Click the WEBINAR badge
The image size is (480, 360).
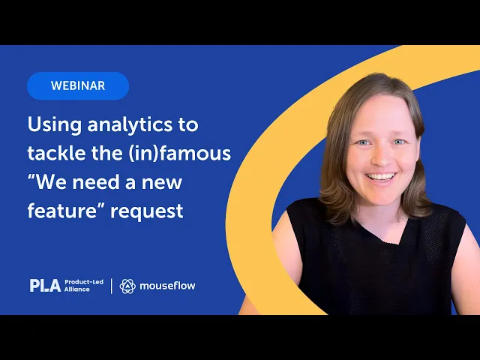point(78,85)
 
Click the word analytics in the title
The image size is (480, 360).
point(130,125)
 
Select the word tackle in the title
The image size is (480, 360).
point(57,153)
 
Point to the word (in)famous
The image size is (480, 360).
point(180,153)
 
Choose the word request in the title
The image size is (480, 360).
point(147,212)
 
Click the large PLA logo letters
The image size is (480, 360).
point(45,285)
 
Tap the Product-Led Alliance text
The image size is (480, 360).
point(84,286)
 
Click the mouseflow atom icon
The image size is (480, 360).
point(127,286)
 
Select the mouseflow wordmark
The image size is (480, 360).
point(167,286)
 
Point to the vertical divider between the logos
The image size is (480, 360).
point(112,286)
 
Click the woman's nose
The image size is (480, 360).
point(381,155)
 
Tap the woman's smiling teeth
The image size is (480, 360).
point(381,177)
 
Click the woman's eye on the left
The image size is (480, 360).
point(363,142)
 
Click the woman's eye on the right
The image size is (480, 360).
point(399,142)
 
